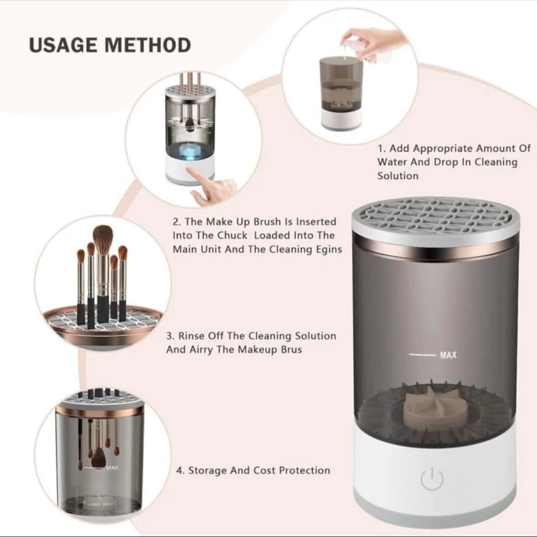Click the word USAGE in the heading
63,45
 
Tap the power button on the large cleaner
431,479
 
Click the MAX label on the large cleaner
448,355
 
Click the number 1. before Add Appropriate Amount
382,148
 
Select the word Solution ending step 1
398,176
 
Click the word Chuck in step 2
232,235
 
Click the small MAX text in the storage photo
112,468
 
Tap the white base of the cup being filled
342,118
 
